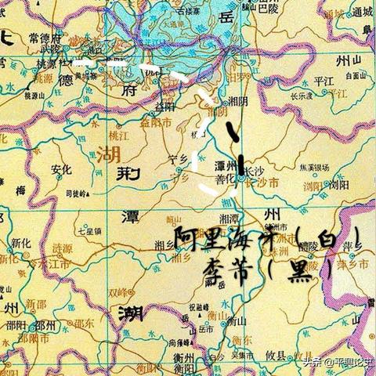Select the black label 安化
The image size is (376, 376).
(x=60, y=169)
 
